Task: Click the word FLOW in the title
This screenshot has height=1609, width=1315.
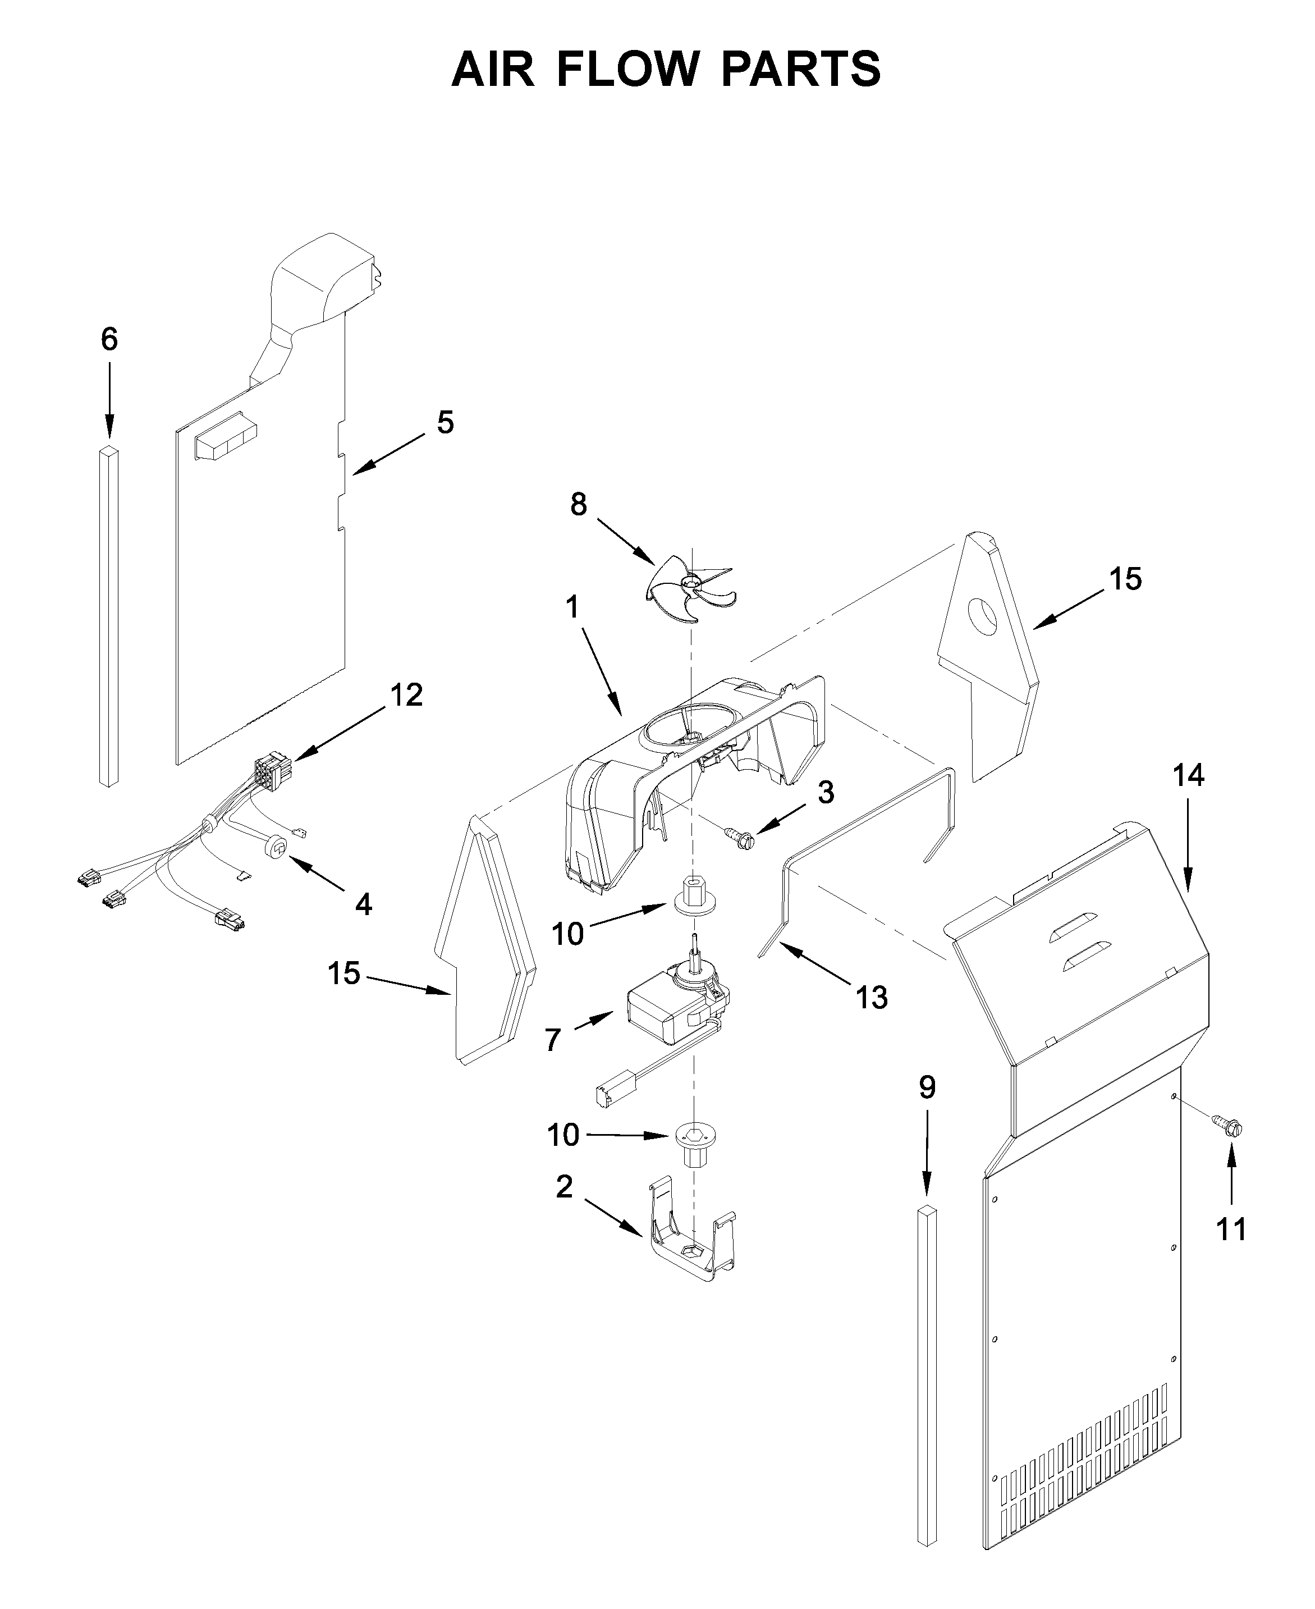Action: tap(627, 69)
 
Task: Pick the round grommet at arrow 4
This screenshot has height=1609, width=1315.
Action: tap(277, 846)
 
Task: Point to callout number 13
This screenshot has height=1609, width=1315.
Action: tap(871, 998)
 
